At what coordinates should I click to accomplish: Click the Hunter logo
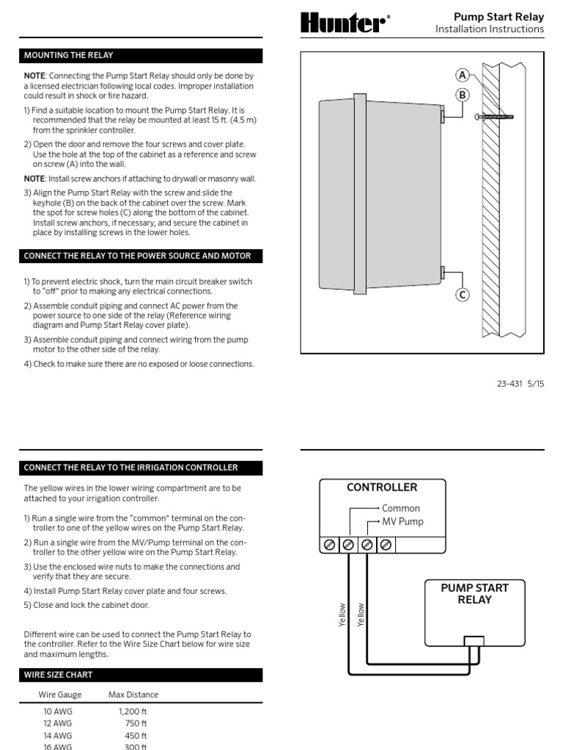(342, 23)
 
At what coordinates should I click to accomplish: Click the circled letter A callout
(463, 75)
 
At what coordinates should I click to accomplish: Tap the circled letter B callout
(463, 94)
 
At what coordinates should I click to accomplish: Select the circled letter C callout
(463, 295)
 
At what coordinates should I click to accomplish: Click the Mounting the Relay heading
(69, 55)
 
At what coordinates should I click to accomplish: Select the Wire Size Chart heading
(59, 675)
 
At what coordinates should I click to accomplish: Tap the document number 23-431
(510, 384)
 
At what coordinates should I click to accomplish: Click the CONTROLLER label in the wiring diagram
(382, 487)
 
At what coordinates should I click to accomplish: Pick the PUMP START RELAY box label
(474, 593)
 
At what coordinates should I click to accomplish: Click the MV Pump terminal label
(402, 522)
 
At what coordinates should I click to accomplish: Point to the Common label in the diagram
(401, 508)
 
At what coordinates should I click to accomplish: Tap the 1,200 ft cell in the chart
(133, 710)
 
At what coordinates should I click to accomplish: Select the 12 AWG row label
(59, 723)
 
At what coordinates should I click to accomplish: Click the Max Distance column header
(133, 694)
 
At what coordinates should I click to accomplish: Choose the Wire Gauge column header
(60, 694)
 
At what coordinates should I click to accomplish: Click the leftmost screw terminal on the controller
(330, 544)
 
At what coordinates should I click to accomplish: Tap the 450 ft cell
(136, 735)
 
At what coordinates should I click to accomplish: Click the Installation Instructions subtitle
(489, 29)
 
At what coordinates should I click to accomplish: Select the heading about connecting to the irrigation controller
(130, 467)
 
